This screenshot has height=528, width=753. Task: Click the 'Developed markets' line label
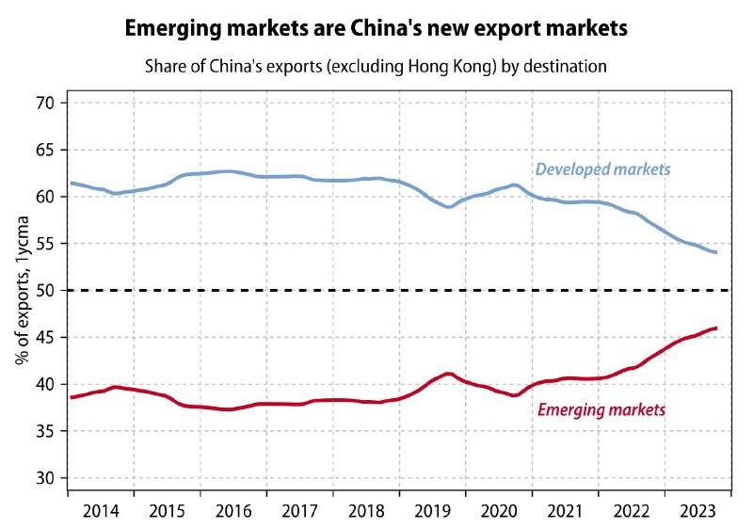[602, 169]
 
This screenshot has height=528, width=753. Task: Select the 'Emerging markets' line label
[601, 410]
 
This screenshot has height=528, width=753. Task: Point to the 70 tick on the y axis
[48, 103]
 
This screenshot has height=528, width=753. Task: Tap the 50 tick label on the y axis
[48, 291]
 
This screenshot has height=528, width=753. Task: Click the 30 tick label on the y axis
[48, 478]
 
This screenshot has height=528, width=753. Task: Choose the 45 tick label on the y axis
[48, 337]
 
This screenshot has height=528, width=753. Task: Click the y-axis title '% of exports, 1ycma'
[20, 291]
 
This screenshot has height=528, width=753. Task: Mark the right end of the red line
[716, 328]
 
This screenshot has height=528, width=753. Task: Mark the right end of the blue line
[716, 252]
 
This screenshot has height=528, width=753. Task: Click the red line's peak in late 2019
[449, 374]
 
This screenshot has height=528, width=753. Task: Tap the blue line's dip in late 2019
[449, 206]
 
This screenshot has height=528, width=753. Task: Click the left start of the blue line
[71, 183]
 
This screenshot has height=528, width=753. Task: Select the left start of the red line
[71, 397]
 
